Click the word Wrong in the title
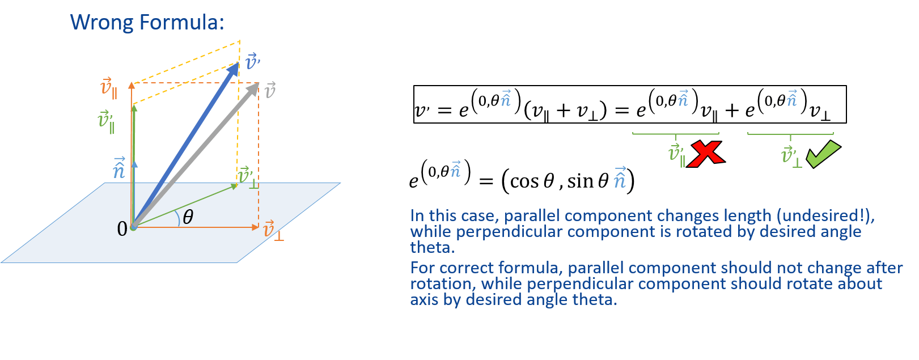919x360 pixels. coord(101,22)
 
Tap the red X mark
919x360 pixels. coord(705,154)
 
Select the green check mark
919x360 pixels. coord(823,154)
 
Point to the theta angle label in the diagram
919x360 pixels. coord(188,217)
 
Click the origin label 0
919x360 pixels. coord(122,228)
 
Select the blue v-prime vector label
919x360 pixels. coord(252,61)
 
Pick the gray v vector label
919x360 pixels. coord(270,90)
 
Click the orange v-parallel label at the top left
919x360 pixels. coord(108,88)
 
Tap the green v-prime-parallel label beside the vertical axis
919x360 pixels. coord(105,121)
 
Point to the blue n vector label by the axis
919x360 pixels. coord(119,168)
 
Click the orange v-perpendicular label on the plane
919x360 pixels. coord(273,230)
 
